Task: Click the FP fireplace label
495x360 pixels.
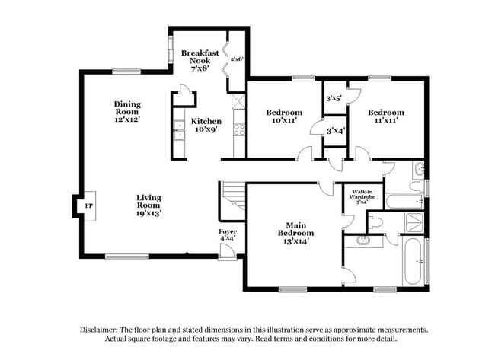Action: [88, 206]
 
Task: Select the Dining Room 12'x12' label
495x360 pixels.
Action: [128, 111]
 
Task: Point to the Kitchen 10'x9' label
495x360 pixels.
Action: [206, 126]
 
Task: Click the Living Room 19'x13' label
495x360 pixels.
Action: [148, 205]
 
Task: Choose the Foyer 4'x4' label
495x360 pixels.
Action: [227, 234]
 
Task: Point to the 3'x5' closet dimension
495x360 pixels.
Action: [334, 98]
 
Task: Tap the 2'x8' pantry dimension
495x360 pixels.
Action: [236, 58]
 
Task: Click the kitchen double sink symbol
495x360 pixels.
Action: [179, 132]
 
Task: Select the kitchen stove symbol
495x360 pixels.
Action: [238, 129]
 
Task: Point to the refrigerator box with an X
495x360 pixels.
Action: [238, 103]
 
